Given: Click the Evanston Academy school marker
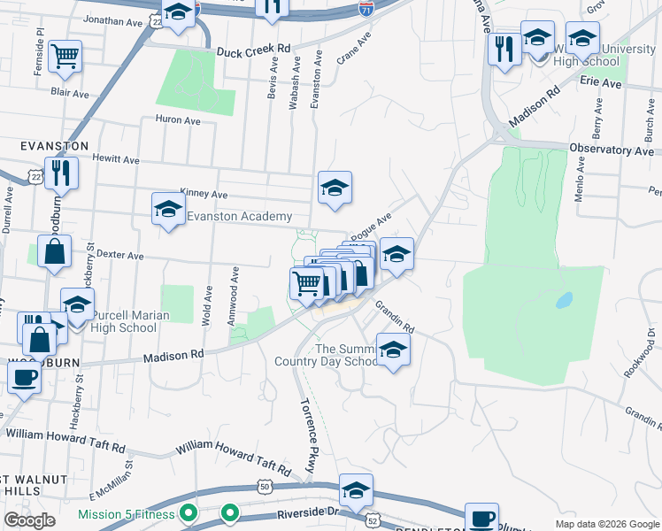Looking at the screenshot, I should (x=167, y=210).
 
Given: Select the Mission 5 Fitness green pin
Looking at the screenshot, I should (x=188, y=513).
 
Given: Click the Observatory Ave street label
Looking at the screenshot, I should (x=618, y=151).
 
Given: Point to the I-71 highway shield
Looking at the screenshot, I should (x=366, y=9).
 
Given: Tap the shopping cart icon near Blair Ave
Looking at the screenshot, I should (x=65, y=57).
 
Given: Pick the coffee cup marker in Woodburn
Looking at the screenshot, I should (x=24, y=376).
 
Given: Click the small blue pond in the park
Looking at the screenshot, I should (x=563, y=301).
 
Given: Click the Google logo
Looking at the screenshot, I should (x=30, y=520).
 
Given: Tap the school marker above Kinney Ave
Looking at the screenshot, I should (x=335, y=188).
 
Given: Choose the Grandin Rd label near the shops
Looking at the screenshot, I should (x=395, y=316).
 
